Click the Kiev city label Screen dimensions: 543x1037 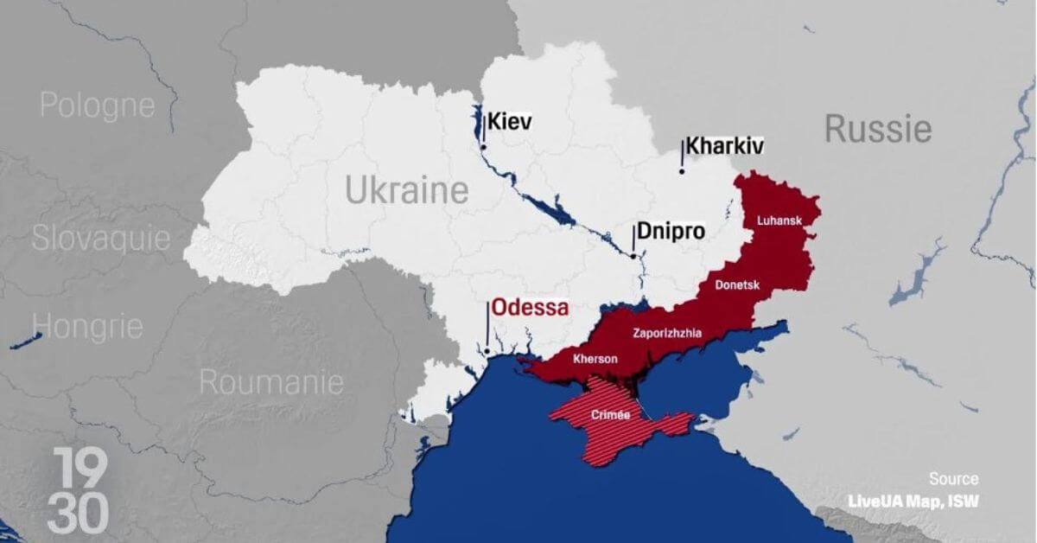click(510, 122)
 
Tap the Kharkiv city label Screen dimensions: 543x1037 click(724, 146)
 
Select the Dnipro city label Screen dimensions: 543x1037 click(671, 232)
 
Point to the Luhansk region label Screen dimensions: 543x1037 click(779, 220)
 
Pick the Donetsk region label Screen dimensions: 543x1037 click(736, 284)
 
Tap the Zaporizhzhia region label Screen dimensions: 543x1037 click(667, 332)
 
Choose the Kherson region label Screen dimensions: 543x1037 click(595, 358)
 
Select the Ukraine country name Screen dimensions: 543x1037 click(407, 190)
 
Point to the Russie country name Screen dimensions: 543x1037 click(878, 130)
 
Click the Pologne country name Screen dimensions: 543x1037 click(98, 105)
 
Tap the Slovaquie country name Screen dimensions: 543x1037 click(101, 239)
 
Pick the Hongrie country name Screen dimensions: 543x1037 click(87, 327)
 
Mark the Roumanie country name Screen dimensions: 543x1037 click(271, 382)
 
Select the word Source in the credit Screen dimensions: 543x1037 click(954, 479)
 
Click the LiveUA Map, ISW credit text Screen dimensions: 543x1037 click(913, 501)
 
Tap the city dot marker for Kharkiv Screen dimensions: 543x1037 click(682, 171)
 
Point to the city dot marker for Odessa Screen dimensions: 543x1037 click(487, 351)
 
